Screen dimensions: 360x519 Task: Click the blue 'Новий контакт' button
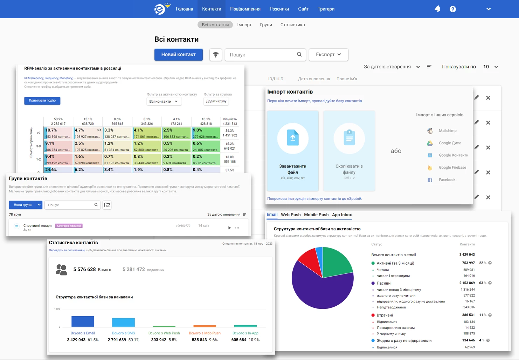[x=178, y=55]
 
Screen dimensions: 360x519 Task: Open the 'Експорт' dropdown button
[x=328, y=55]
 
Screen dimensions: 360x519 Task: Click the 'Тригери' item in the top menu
[x=326, y=9]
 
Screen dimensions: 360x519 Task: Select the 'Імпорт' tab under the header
[x=244, y=25]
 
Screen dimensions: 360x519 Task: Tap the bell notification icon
[x=437, y=9]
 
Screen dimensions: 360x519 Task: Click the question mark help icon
[x=452, y=9]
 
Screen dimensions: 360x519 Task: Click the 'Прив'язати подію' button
[x=42, y=101]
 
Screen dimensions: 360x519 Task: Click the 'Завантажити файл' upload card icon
[x=293, y=138]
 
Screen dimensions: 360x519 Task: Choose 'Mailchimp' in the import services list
[x=447, y=131]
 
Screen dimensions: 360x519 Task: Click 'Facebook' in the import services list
[x=447, y=180]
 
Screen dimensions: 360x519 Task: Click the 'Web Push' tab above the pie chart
[x=291, y=215]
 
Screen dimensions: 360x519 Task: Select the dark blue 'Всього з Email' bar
[x=83, y=321]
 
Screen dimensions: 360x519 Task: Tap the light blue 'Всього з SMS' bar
[x=123, y=322]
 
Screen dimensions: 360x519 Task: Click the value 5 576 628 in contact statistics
[x=84, y=270]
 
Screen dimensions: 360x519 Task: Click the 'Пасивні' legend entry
[x=384, y=283]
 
